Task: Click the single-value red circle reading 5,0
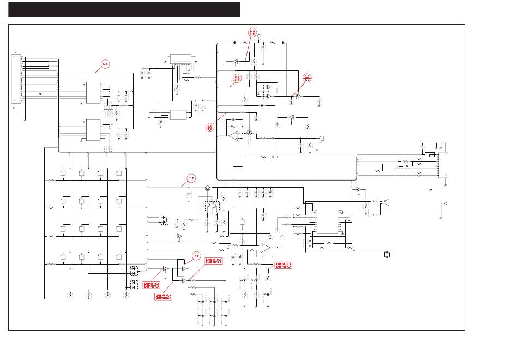(x=105, y=64)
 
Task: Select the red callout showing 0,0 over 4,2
(x=252, y=33)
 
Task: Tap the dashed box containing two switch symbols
(x=213, y=206)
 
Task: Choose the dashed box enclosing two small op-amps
(x=268, y=91)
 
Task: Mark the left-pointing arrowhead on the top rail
(x=233, y=41)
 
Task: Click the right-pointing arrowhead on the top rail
(x=282, y=41)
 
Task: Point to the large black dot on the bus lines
(x=41, y=93)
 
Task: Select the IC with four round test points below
(x=94, y=92)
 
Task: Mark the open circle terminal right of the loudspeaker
(x=445, y=204)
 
